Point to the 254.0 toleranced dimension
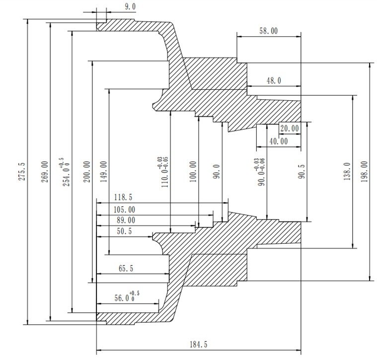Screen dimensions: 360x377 pyautogui.click(x=67, y=171)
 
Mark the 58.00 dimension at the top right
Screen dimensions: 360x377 pyautogui.click(x=268, y=31)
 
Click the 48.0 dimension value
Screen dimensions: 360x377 pyautogui.click(x=273, y=80)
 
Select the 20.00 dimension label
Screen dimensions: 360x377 pyautogui.click(x=290, y=128)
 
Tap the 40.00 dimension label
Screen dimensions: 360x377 pyautogui.click(x=278, y=141)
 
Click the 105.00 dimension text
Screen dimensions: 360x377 pyautogui.click(x=124, y=210)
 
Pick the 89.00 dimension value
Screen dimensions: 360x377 pyautogui.click(x=124, y=220)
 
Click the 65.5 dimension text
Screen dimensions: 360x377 pyautogui.click(x=126, y=268)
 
